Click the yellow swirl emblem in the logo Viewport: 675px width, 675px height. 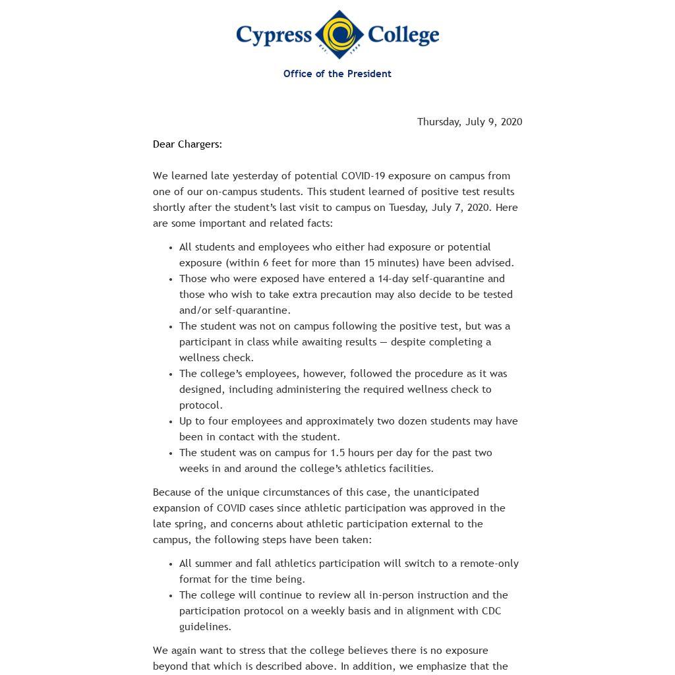(339, 34)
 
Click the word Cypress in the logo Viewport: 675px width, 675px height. (274, 35)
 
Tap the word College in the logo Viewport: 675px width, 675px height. (403, 35)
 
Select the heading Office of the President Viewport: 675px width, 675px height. (337, 74)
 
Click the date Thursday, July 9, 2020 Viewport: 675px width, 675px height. (469, 122)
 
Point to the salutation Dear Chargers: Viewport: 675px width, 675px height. (187, 144)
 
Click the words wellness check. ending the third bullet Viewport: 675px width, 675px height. (216, 358)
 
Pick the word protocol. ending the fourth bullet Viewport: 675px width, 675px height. (201, 405)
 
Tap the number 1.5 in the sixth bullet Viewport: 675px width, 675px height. (339, 453)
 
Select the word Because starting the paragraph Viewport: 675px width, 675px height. (174, 492)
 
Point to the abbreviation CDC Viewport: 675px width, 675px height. (492, 611)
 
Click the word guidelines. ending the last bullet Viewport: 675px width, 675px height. (205, 627)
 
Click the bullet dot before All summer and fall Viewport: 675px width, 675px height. (171, 564)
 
